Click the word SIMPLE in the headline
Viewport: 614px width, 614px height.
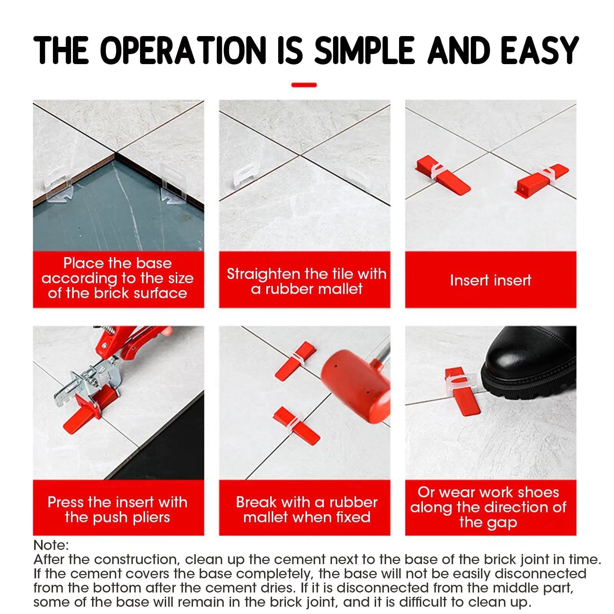click(x=364, y=50)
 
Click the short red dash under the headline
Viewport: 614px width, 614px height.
click(x=304, y=85)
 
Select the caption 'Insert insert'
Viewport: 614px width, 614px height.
click(x=490, y=280)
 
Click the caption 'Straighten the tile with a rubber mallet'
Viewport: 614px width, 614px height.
click(x=306, y=281)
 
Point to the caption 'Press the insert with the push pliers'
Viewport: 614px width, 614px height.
click(x=117, y=509)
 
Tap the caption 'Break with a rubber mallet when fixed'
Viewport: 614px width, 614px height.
click(x=307, y=509)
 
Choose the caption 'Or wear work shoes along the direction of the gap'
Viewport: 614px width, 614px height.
click(x=488, y=507)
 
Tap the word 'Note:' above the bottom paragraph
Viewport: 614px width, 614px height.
click(x=51, y=545)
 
